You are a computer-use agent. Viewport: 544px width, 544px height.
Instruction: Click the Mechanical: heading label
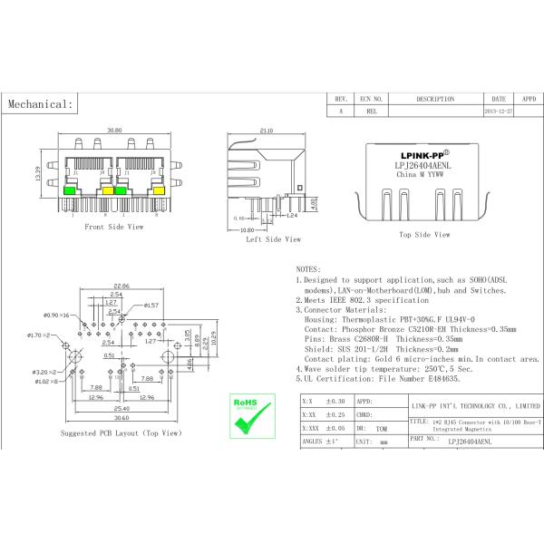(x=40, y=104)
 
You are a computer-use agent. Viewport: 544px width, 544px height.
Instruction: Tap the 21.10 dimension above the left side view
(x=266, y=131)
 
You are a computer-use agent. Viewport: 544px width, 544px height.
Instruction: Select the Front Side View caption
(x=113, y=227)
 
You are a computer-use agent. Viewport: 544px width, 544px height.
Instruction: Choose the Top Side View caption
(x=423, y=234)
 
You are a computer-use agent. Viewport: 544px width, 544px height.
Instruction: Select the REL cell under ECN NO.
(x=372, y=111)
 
